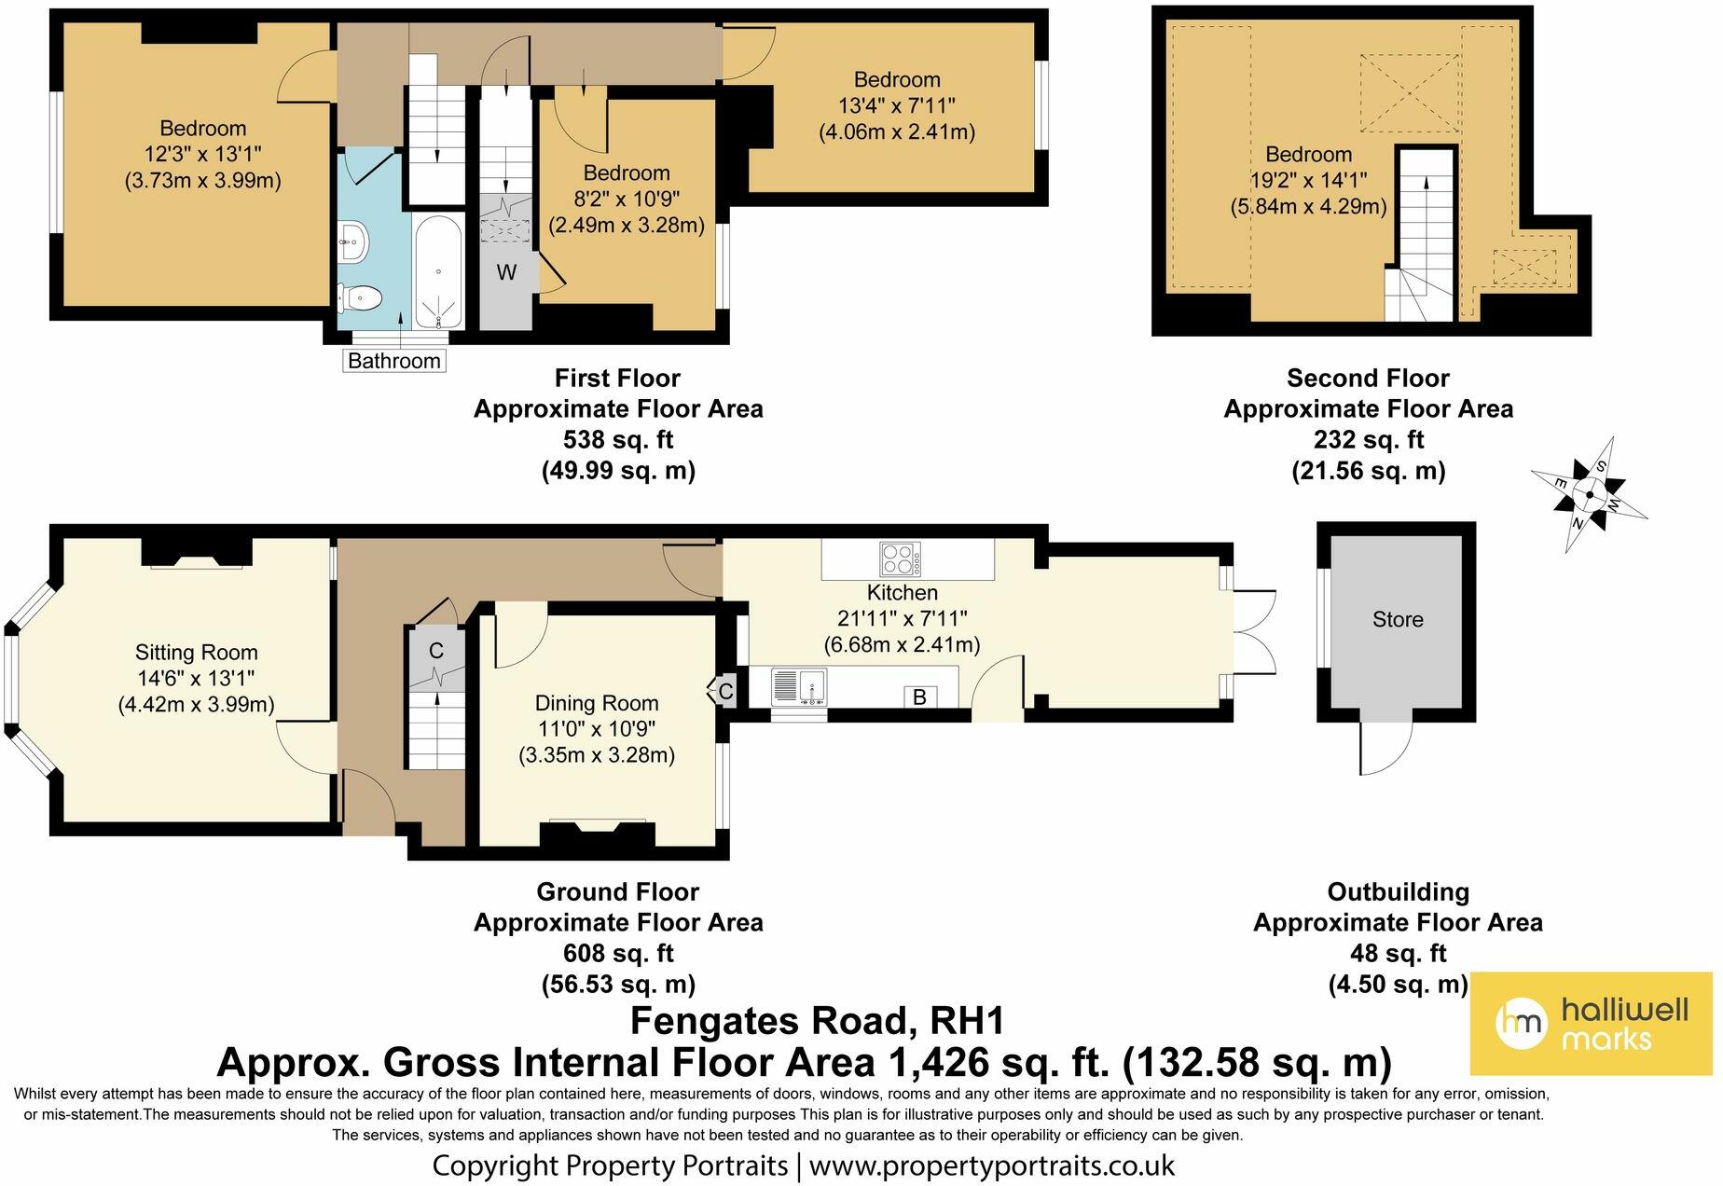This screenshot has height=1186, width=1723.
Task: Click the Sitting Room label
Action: click(196, 653)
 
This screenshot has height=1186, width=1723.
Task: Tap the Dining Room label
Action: click(597, 703)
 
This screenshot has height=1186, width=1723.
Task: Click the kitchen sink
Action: click(799, 687)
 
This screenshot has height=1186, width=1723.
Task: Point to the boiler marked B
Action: click(919, 696)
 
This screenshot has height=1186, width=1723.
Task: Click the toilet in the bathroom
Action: click(360, 297)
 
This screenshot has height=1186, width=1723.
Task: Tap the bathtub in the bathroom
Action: click(438, 271)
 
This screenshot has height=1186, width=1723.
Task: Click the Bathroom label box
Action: click(394, 361)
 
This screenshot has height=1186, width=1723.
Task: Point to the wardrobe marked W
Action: click(506, 272)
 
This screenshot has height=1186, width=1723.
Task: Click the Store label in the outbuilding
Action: click(1398, 619)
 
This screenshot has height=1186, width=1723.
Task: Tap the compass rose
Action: click(1589, 494)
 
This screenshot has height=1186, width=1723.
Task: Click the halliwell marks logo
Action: click(1592, 1023)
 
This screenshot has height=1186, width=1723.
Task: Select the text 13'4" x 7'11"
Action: click(897, 105)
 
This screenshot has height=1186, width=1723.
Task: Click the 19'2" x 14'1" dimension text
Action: click(1308, 180)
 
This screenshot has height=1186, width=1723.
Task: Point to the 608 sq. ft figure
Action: click(618, 954)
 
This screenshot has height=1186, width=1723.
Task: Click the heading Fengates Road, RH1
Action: click(818, 1021)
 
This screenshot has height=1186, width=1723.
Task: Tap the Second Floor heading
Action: click(1368, 378)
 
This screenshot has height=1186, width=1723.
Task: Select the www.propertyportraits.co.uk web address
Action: click(992, 1165)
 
